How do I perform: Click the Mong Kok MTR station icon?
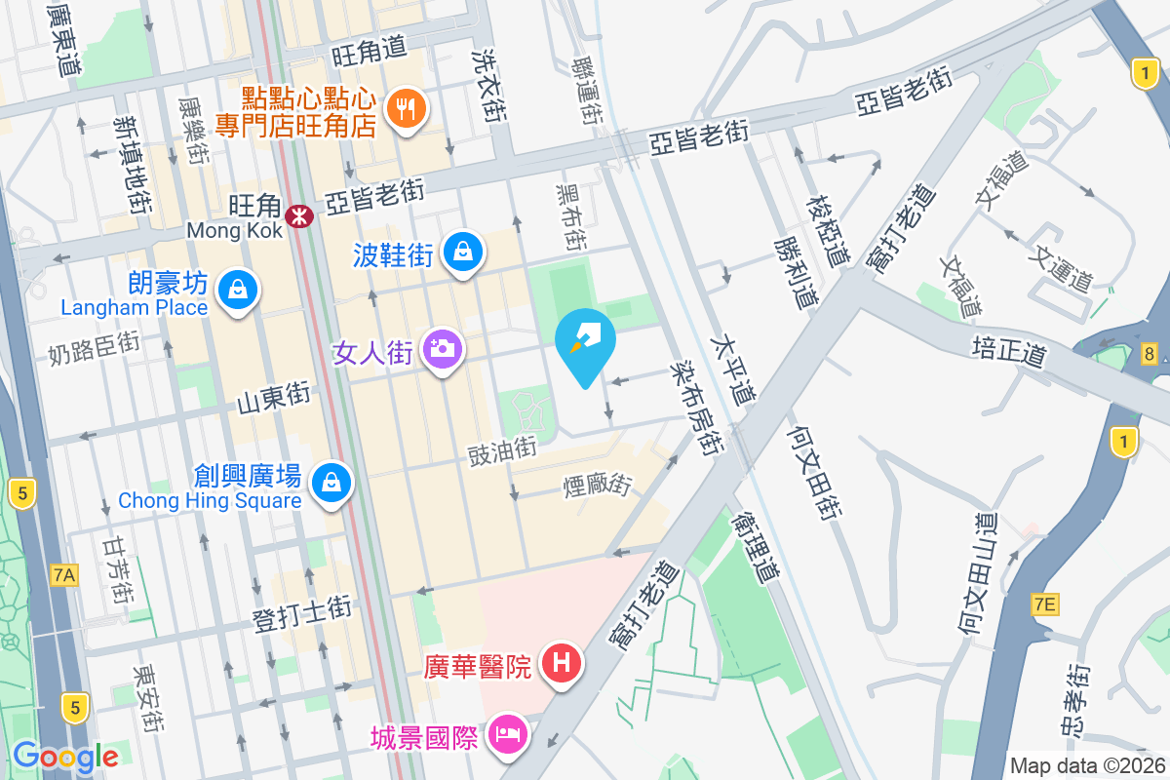pos(298,210)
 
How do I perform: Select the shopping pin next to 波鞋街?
pos(462,253)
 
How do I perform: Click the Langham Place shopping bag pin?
pos(237,290)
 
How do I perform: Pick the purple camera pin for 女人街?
pos(443,348)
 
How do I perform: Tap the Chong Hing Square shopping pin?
pos(331,481)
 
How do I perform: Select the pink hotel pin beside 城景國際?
pos(509,730)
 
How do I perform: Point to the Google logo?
pos(65,757)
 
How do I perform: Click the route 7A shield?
pos(63,575)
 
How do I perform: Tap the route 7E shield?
pos(1044,605)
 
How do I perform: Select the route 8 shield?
pos(1150,355)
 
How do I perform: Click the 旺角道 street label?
pos(368,53)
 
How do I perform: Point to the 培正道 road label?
pos(1009,350)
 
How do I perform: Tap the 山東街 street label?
pos(274,398)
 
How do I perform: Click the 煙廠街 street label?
pos(598,483)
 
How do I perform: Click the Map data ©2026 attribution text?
pos(1086,765)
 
